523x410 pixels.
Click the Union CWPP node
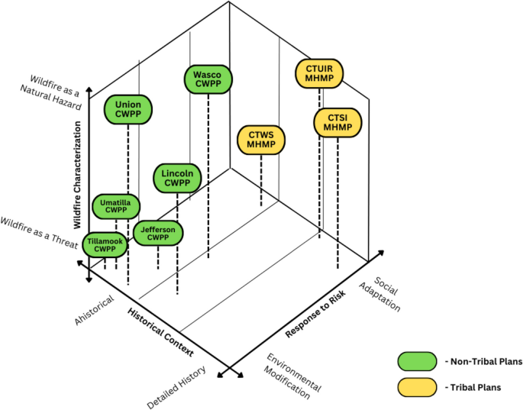(128, 109)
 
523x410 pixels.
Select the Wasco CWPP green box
(208, 80)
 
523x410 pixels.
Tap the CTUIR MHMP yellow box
(320, 73)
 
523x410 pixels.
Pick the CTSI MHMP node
(337, 121)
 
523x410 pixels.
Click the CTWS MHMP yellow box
(262, 140)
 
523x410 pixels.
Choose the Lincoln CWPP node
(177, 178)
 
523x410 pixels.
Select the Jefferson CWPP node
(158, 233)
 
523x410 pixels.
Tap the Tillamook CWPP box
(105, 244)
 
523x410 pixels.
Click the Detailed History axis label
(173, 389)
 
